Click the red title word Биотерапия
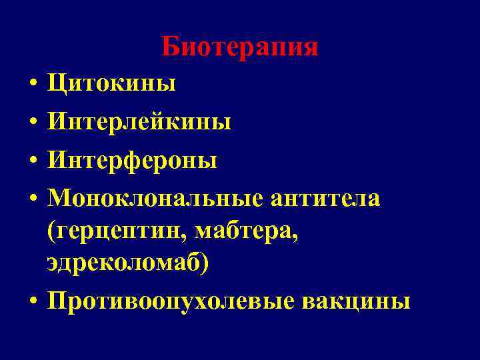point(239,47)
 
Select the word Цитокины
point(111,85)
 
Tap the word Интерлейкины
point(139,123)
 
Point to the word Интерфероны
point(132,161)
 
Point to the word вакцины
point(356,301)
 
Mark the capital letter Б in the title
point(170,47)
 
